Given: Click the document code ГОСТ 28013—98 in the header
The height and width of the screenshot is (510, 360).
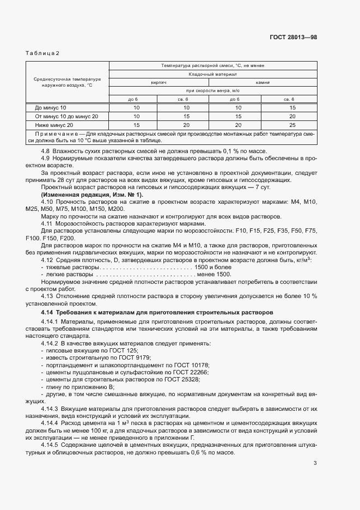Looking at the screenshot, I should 293,38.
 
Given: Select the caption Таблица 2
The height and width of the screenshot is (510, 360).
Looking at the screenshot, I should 42,53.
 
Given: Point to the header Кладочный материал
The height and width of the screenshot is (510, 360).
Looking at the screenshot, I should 212,74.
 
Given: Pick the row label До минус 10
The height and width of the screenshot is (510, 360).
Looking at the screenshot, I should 50,108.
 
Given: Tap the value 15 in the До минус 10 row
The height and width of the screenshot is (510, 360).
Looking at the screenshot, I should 292,108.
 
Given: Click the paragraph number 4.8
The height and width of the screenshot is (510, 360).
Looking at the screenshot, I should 46,151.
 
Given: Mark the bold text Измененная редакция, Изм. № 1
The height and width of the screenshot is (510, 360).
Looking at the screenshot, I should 93,195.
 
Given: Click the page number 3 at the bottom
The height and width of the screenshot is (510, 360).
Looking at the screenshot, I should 315,464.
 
